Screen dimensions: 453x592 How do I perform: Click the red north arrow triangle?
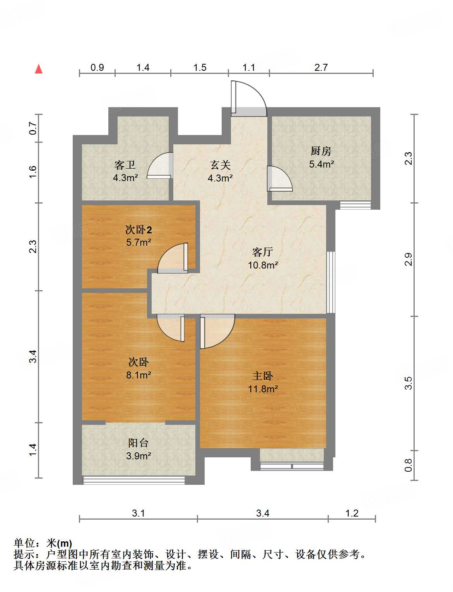click(39, 69)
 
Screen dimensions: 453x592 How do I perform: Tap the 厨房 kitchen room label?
click(321, 151)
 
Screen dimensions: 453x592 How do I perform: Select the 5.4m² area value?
click(321, 164)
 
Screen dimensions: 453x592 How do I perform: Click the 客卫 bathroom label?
click(125, 165)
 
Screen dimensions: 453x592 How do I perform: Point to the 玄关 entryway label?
click(220, 165)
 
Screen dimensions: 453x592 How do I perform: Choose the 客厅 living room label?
click(262, 252)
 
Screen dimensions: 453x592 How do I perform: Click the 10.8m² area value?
click(263, 265)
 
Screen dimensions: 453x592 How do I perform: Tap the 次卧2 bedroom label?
click(138, 229)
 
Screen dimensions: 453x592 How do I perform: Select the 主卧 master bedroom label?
click(262, 376)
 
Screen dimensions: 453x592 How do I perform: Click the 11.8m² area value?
click(263, 389)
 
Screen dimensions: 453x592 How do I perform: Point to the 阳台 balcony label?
click(138, 443)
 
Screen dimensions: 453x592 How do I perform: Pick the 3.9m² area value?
click(138, 456)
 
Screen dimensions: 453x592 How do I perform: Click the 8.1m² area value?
click(138, 375)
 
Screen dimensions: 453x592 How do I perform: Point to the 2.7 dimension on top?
click(321, 67)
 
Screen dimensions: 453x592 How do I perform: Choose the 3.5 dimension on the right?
click(408, 383)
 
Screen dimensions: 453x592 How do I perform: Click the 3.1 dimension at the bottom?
click(138, 513)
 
